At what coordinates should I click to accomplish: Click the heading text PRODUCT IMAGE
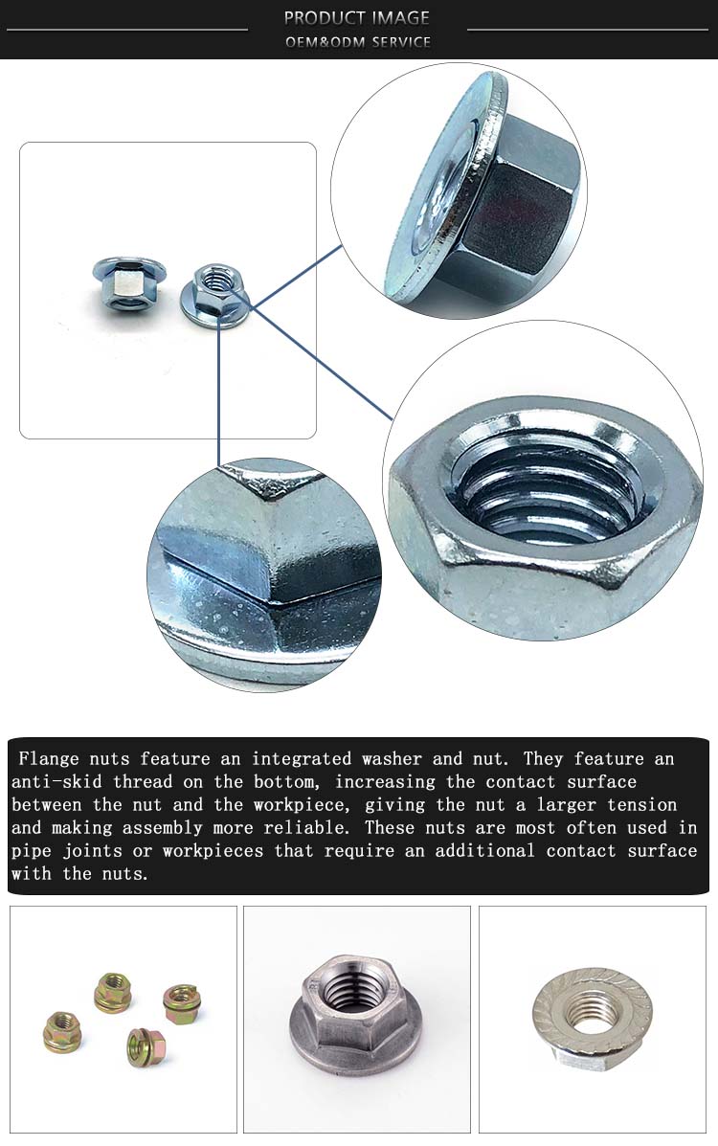pos(357,17)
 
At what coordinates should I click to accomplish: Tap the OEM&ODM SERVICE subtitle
pos(357,42)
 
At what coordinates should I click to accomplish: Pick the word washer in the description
pos(392,759)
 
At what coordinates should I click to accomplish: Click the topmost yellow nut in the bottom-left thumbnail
pos(112,993)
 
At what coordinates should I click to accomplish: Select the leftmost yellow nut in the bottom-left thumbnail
pos(62,1034)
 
